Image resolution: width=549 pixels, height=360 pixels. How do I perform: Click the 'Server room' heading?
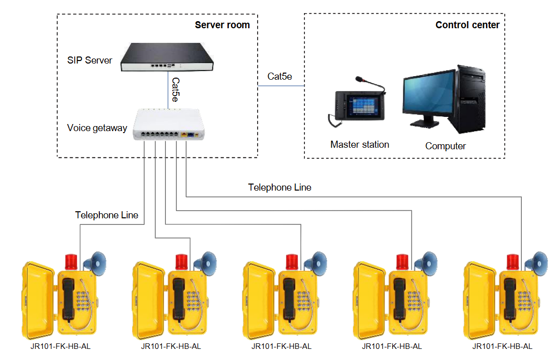point(222,25)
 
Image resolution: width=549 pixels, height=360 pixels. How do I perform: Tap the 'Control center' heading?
point(467,25)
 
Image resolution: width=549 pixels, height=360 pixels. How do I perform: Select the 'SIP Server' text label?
point(90,61)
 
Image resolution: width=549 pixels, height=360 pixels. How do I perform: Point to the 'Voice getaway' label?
point(97,128)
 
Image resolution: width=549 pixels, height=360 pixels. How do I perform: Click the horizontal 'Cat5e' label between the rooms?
point(280,76)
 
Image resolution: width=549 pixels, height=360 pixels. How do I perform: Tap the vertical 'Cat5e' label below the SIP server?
point(175,90)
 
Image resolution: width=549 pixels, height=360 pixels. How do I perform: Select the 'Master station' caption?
point(359,145)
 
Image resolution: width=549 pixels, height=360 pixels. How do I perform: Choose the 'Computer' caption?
point(445,146)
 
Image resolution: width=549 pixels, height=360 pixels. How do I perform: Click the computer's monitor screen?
point(428,96)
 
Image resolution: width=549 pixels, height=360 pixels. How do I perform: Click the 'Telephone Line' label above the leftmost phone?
point(106,215)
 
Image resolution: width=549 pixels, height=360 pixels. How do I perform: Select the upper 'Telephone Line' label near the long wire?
point(279,188)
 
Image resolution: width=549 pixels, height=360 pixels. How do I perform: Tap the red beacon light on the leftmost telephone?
point(71,262)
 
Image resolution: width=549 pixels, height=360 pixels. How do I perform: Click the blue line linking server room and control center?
point(281,86)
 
